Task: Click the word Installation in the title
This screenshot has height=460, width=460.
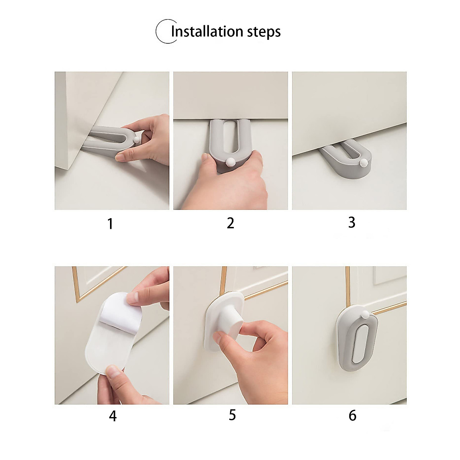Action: [207, 31]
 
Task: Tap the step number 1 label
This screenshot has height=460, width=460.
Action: [110, 224]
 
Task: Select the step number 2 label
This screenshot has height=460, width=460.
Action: [230, 223]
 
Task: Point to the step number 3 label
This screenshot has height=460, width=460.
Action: [352, 222]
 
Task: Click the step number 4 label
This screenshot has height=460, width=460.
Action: [112, 416]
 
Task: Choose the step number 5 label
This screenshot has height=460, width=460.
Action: [232, 415]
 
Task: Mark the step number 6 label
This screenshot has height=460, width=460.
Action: [352, 416]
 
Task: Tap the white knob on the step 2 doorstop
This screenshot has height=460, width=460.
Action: [230, 162]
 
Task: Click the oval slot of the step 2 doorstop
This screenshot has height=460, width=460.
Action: [230, 140]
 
